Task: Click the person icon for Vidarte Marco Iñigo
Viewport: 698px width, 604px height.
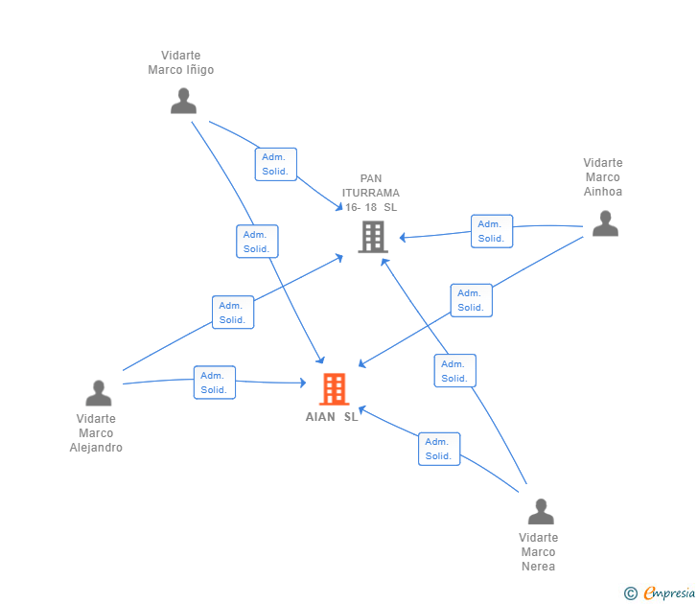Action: click(x=183, y=101)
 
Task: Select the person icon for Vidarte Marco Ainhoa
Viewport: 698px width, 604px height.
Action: click(x=605, y=223)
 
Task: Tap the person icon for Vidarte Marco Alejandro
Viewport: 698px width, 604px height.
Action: click(x=99, y=393)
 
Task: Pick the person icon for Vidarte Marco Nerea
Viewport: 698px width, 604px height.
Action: click(x=541, y=511)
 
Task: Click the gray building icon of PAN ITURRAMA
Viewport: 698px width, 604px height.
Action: click(x=372, y=236)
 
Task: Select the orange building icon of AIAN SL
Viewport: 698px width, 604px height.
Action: click(x=334, y=388)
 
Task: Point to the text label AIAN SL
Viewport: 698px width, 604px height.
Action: click(x=332, y=417)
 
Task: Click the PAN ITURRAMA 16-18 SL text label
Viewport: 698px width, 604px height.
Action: click(x=371, y=193)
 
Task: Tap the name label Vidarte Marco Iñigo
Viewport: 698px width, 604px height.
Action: click(x=181, y=62)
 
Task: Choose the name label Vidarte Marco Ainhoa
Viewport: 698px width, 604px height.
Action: click(x=603, y=176)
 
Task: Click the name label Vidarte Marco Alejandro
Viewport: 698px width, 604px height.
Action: click(x=97, y=432)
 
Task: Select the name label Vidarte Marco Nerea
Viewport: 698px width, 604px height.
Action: click(x=539, y=551)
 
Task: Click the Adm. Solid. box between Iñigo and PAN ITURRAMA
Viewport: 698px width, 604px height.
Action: click(x=276, y=164)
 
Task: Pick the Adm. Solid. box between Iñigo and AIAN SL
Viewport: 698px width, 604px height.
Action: click(x=257, y=242)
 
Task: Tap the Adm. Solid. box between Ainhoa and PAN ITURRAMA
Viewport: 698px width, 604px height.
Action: click(x=492, y=231)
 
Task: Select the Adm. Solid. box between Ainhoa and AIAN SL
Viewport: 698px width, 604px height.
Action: click(x=471, y=300)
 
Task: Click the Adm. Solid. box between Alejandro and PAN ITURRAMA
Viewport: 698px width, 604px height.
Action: click(x=233, y=313)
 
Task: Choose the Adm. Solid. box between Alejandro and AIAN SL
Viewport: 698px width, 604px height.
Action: click(x=215, y=383)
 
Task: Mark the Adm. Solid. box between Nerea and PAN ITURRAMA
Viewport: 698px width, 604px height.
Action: click(x=454, y=371)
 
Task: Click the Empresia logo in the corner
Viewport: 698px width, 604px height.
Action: click(x=661, y=593)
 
